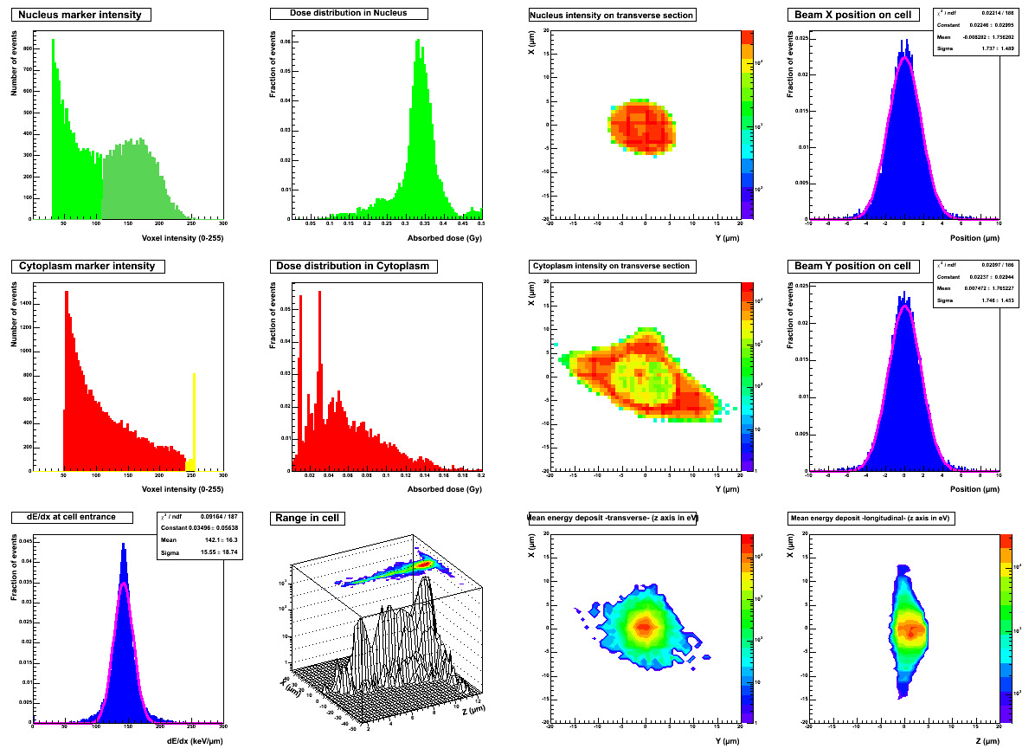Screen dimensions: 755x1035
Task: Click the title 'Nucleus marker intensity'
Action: coord(81,15)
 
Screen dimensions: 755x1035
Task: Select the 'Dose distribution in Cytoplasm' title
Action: coord(353,266)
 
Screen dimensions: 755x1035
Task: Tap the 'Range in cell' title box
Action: coord(308,518)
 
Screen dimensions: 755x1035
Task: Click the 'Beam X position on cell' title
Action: coord(852,15)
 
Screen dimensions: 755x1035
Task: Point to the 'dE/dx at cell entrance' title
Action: coord(74,517)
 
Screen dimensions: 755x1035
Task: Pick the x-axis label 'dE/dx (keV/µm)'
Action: coord(196,741)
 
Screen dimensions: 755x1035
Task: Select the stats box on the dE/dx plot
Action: coord(199,535)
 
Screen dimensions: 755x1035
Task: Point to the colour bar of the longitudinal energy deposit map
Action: coord(1006,628)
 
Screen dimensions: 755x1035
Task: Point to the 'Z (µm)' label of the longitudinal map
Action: coord(987,741)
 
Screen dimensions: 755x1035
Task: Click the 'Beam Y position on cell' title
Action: coord(852,266)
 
